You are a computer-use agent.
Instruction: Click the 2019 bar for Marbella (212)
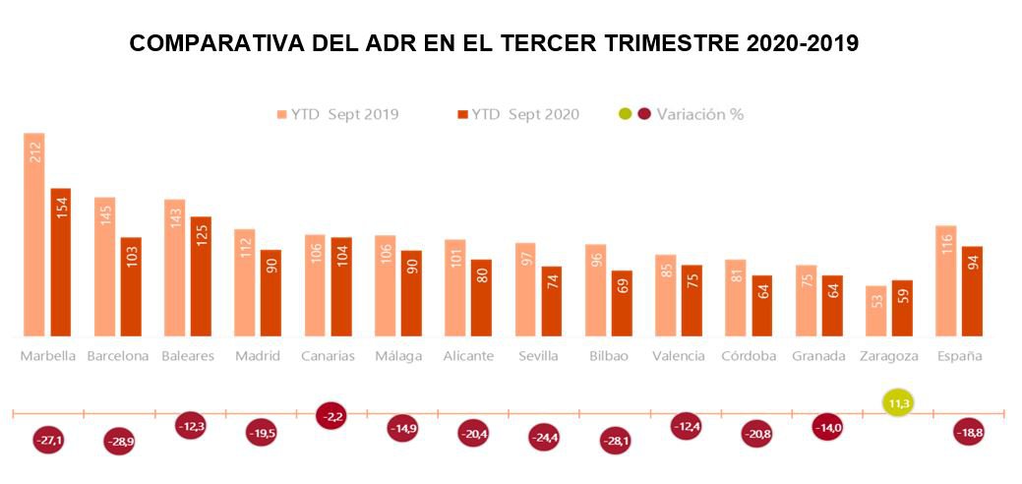click(x=34, y=234)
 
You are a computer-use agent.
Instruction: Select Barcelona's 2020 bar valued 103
click(x=131, y=286)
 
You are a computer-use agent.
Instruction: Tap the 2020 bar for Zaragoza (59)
click(x=902, y=308)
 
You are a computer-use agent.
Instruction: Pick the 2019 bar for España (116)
click(x=946, y=280)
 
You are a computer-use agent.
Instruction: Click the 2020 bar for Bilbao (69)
click(x=622, y=303)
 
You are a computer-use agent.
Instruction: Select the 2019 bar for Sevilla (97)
click(x=525, y=289)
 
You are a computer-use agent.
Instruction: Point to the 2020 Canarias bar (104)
click(x=341, y=286)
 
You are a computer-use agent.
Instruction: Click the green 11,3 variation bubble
click(x=897, y=402)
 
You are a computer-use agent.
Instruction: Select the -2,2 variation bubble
click(x=332, y=416)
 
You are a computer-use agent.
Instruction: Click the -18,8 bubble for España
click(x=968, y=432)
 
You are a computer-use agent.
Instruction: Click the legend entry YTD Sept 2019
click(x=337, y=114)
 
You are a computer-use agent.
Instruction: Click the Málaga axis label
click(x=397, y=356)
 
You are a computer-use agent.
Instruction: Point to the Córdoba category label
click(x=749, y=356)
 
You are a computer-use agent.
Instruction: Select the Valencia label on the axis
click(x=679, y=356)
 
